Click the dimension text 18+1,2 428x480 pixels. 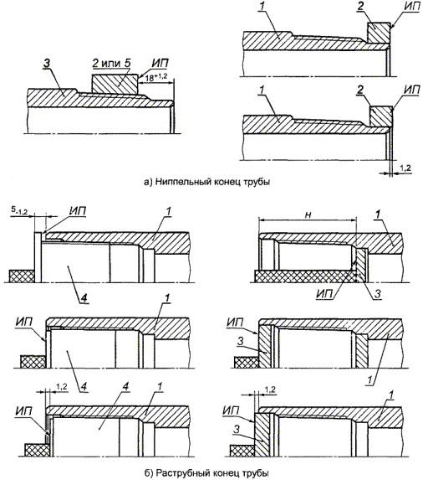pos(155,77)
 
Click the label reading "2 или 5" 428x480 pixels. pos(112,64)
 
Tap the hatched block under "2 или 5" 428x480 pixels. pos(115,84)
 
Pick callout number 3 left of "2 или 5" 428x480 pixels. pos(47,64)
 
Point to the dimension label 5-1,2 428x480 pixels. pos(19,210)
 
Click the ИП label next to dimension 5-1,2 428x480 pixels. pos(77,211)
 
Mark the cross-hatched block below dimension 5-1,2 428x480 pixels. pos(22,276)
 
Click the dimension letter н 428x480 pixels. pos(308,215)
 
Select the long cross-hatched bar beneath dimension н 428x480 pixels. pos(305,276)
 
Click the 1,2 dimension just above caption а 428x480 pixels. pos(405,168)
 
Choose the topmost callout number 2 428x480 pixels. pos(361,7)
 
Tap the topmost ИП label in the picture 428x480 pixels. pos(411,7)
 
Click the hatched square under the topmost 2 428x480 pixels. pos(379,33)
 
